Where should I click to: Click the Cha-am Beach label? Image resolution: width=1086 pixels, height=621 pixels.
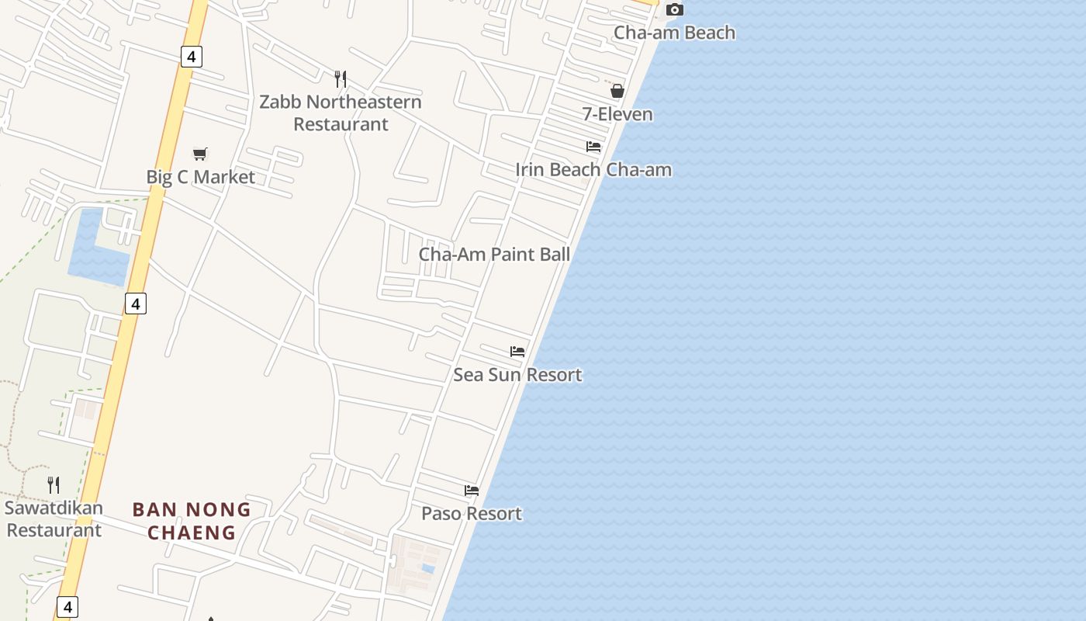pos(674,33)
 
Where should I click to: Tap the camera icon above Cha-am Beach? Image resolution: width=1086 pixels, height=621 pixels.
pos(675,10)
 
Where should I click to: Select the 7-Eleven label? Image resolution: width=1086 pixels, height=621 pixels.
pos(617,114)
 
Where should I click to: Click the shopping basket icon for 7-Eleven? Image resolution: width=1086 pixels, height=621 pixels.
pos(617,91)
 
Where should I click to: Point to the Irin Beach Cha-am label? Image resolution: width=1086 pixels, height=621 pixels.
pos(593,169)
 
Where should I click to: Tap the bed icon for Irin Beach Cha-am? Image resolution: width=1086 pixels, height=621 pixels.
pos(593,147)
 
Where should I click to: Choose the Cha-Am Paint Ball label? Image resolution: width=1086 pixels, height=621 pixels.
pos(494,254)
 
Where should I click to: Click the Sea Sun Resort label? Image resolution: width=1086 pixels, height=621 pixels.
pos(517,375)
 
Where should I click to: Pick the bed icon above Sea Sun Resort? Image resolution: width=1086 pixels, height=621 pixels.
pos(517,352)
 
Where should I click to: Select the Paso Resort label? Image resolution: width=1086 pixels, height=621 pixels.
pos(472,513)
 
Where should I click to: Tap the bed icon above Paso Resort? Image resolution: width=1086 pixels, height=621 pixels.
pos(472,491)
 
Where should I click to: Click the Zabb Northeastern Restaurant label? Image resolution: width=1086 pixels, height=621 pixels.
pos(341,113)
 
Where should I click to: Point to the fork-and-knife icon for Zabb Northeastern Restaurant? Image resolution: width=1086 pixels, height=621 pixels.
pos(340,78)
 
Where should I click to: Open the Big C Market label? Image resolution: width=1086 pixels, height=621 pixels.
pos(200,177)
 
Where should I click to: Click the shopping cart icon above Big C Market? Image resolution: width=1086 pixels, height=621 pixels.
pos(200,154)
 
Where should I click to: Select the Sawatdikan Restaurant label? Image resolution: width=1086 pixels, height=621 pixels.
pos(54,519)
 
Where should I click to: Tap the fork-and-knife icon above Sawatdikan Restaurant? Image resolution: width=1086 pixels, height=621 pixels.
pos(54,485)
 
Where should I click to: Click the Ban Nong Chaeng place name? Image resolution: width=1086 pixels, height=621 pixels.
pos(192,521)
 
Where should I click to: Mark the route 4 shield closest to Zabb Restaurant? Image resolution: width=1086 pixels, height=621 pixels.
pos(191,56)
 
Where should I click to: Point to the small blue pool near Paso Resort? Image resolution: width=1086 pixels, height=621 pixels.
pos(427,569)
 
